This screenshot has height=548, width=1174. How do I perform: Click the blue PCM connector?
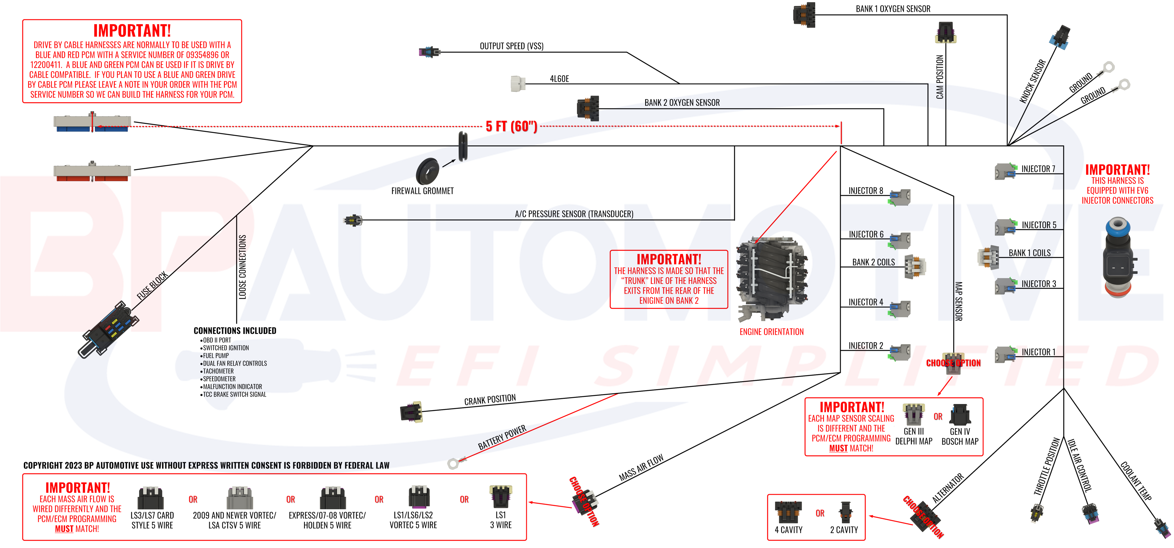point(92,123)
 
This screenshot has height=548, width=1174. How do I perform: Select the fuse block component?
point(109,329)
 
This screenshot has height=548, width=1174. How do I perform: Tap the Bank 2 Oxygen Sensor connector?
point(588,108)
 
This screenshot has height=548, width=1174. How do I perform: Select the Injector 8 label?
point(865,190)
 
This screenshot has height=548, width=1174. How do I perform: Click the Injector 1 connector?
point(1005,354)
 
